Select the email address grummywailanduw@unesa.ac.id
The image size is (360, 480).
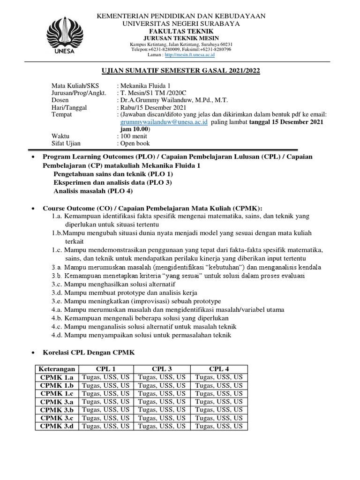coord(163,122)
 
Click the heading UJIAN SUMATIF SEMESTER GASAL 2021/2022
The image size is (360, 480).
coord(180,71)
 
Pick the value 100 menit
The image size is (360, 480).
coord(134,136)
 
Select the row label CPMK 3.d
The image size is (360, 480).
coord(57,426)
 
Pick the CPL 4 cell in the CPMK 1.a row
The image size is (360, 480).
coord(219,377)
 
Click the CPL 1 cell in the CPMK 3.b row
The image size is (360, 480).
coord(105,410)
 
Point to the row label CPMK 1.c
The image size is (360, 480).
coord(57,393)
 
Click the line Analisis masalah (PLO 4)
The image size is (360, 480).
coord(93,191)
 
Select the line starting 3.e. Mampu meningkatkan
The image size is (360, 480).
coord(136,301)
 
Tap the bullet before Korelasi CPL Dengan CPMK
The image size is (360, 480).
coord(32,352)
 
